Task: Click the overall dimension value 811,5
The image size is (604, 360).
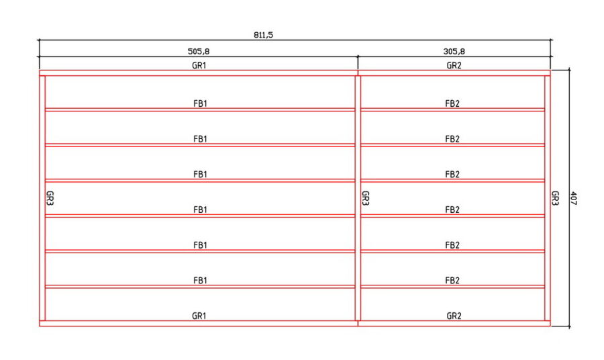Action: pos(263,35)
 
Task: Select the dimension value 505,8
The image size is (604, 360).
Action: pos(199,51)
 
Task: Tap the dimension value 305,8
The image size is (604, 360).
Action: pos(454,51)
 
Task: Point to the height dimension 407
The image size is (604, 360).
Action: pos(573,198)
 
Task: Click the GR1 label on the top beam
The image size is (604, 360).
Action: pos(199,66)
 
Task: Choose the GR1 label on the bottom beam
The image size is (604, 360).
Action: pos(199,316)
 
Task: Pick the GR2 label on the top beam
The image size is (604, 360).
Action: pos(454,66)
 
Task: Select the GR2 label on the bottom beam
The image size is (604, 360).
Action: pos(454,316)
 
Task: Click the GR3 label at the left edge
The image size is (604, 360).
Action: pos(50,198)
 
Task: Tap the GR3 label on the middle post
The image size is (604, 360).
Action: pos(366,198)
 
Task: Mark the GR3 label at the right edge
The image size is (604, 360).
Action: pos(555,198)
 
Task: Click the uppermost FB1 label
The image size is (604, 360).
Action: pos(200,103)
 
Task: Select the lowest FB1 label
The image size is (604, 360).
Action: pos(200,280)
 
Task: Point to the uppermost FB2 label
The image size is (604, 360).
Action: pos(452,103)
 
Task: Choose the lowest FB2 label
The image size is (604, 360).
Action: pos(452,280)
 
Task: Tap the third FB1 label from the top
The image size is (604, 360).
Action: pos(200,174)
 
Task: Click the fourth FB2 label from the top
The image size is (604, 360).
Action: pos(452,210)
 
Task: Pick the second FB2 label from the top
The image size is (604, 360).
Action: pos(452,139)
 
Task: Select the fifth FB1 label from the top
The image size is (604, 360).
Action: pos(200,245)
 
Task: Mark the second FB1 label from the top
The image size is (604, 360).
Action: pos(200,139)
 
